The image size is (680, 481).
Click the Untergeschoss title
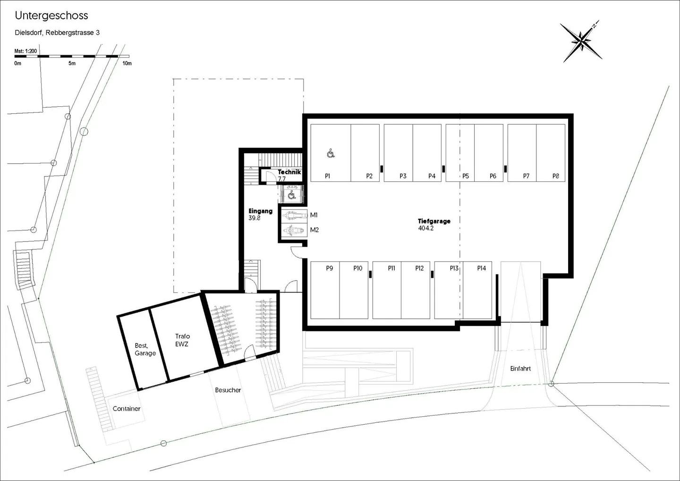click(x=51, y=16)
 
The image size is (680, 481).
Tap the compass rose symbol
click(x=581, y=42)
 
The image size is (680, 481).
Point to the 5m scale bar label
click(x=72, y=63)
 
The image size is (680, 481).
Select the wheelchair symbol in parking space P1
click(x=331, y=154)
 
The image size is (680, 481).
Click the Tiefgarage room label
click(x=434, y=221)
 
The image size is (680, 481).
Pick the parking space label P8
click(x=555, y=176)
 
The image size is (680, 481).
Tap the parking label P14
click(x=482, y=268)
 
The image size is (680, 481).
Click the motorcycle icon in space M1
click(x=294, y=215)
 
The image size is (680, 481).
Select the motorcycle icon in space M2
click(x=294, y=231)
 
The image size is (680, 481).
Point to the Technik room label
click(x=289, y=172)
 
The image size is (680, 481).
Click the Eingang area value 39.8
click(x=255, y=218)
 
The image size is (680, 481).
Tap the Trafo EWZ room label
click(x=182, y=340)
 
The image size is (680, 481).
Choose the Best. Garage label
click(x=145, y=349)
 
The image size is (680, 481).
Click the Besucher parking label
click(x=228, y=390)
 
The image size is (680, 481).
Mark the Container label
click(x=126, y=409)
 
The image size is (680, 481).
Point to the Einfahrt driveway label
click(x=520, y=369)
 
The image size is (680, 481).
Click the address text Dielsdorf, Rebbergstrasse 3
click(x=57, y=33)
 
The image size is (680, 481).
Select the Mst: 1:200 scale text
click(x=25, y=51)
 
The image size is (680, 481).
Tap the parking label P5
click(x=466, y=176)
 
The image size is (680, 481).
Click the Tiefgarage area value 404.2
click(x=426, y=228)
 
